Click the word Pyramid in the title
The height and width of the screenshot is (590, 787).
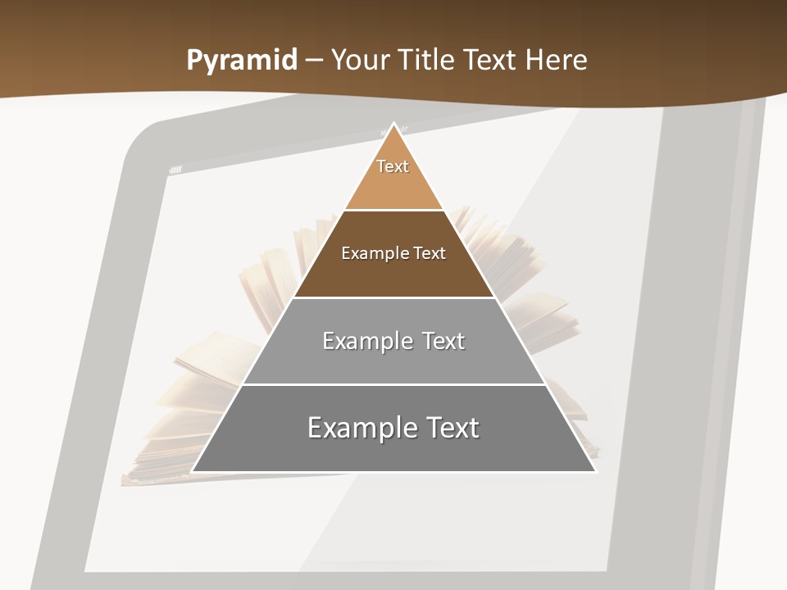(241, 61)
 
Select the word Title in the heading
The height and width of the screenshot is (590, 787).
(427, 61)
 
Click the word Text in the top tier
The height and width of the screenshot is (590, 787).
(393, 166)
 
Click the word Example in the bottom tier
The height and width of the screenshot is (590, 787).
(354, 428)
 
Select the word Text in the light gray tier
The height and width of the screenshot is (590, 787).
(444, 341)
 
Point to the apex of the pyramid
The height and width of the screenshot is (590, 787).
(394, 125)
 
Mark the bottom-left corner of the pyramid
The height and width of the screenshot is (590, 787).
(193, 471)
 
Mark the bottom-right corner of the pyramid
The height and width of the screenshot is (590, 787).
(595, 471)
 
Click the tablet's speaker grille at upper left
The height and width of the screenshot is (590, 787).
(175, 170)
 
